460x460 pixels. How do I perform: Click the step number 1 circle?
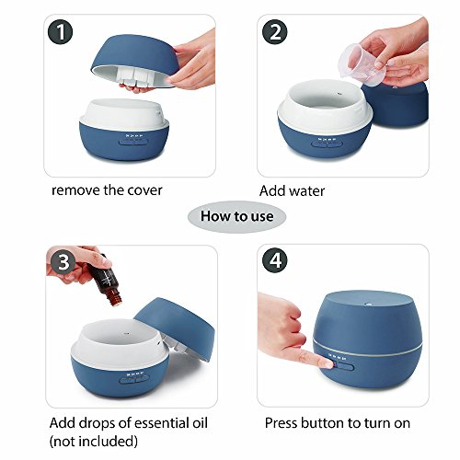61,32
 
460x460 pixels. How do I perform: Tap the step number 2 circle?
274,32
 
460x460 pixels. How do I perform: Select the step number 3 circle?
63,262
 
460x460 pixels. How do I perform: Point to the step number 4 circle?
275,260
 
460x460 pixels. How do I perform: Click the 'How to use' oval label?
236,216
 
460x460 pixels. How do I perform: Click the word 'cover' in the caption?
144,190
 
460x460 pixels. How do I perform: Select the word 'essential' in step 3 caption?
162,423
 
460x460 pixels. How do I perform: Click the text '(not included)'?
94,442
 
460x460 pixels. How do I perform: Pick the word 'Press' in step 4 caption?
282,423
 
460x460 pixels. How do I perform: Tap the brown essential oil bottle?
106,280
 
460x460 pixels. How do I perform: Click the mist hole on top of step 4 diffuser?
367,304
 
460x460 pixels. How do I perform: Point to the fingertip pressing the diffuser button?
327,364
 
